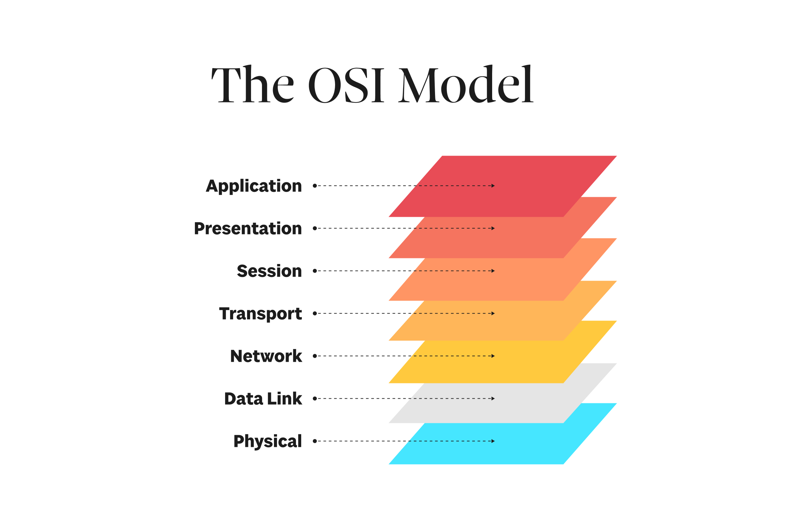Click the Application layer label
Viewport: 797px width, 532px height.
click(254, 186)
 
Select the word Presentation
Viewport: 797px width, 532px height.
click(248, 229)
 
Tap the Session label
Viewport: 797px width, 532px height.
click(269, 271)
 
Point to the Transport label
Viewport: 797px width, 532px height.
click(260, 314)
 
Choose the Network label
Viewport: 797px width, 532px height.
click(266, 356)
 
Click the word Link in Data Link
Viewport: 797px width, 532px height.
click(284, 399)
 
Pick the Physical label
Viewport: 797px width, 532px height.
click(267, 442)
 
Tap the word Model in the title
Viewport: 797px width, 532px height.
click(466, 85)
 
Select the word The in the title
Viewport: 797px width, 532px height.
click(252, 85)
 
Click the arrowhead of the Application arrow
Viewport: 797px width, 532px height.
click(493, 186)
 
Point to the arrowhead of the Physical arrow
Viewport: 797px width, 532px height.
click(493, 441)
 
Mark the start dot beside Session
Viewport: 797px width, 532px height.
click(315, 271)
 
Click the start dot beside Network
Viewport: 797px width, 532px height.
click(315, 356)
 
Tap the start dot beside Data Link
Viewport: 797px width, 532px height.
click(315, 398)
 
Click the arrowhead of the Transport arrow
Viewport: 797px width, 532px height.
click(493, 314)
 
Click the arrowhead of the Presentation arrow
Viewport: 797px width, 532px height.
click(493, 228)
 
